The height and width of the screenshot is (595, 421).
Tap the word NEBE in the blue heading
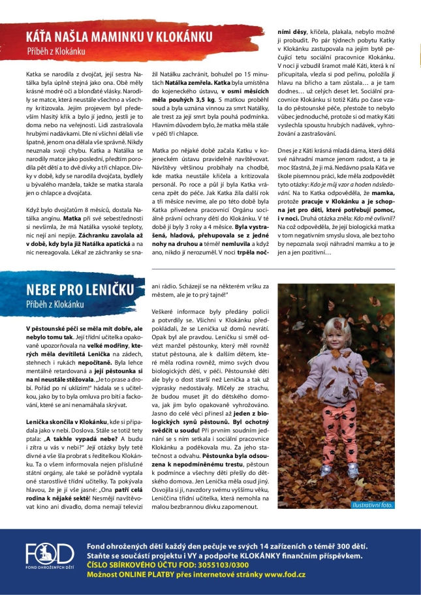tap(45, 292)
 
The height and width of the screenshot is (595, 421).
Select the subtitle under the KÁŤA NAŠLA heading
tap(55, 48)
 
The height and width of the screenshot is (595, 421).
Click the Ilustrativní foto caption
tap(372, 504)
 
